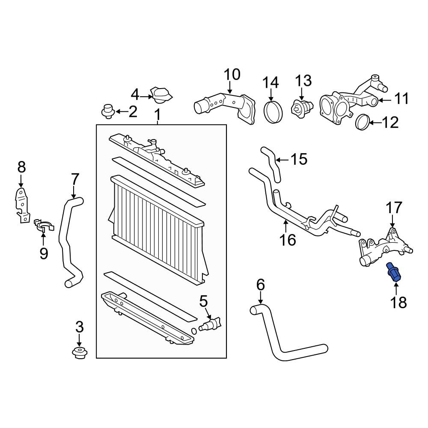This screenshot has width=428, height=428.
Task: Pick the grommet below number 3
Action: (x=79, y=354)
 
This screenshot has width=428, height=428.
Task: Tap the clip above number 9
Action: (x=44, y=224)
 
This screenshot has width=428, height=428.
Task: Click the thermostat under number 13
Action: (x=301, y=107)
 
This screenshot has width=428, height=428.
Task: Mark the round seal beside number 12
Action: (x=362, y=122)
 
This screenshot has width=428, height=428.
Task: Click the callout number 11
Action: (x=401, y=99)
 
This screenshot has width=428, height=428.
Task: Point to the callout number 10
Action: (x=232, y=75)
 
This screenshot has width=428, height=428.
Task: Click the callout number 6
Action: (x=261, y=285)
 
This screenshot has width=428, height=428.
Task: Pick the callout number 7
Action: (x=74, y=179)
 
